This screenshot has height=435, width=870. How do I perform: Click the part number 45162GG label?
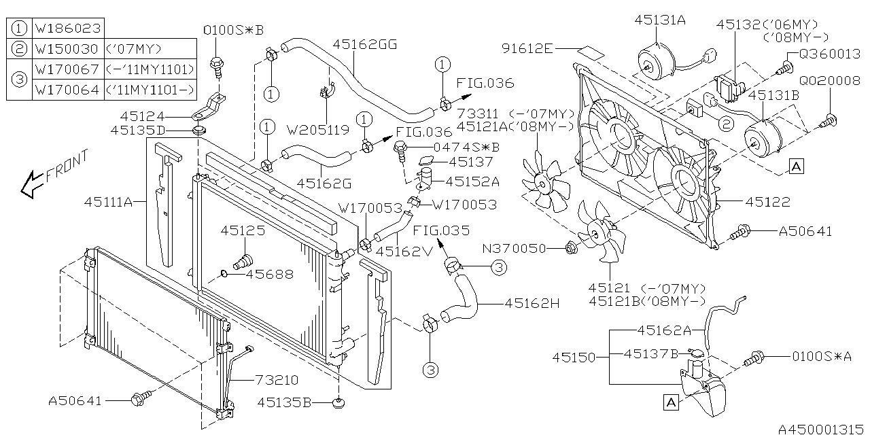364,44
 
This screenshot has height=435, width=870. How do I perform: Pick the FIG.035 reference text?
440,230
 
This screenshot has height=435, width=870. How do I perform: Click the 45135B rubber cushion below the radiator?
338,404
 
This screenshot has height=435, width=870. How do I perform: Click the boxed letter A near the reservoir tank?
670,402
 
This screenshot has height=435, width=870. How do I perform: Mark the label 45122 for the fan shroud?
768,201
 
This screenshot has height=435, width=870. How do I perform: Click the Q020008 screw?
828,123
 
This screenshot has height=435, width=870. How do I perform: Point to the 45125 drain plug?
242,261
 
